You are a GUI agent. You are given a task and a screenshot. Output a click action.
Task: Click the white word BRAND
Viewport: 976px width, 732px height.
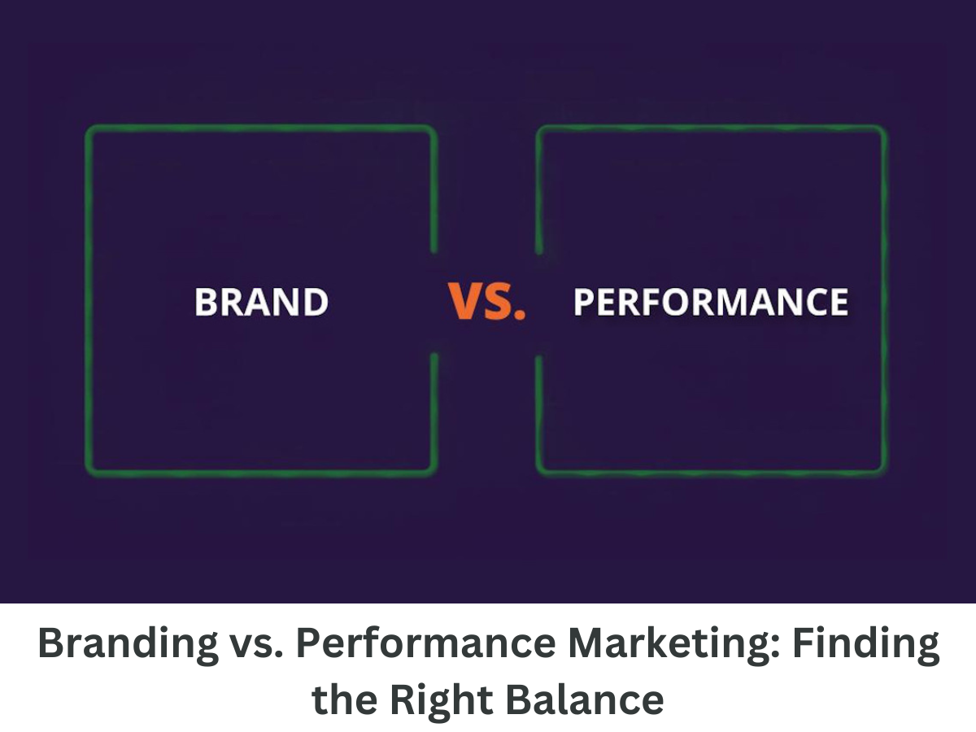point(261,302)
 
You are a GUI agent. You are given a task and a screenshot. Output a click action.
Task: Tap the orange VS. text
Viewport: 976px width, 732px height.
point(486,302)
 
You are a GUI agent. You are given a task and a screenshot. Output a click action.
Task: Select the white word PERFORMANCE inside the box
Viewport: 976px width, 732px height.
point(710,302)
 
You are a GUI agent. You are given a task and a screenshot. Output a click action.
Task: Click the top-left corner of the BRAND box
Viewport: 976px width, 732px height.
point(89,129)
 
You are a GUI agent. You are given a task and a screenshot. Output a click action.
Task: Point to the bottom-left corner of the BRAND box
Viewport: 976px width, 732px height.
point(89,471)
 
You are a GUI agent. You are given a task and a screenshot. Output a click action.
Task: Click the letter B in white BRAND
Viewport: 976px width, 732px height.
point(206,302)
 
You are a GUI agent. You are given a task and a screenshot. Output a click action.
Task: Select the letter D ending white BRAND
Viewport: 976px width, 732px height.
point(316,302)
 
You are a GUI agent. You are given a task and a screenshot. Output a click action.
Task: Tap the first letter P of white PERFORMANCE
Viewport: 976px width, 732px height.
point(583,302)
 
